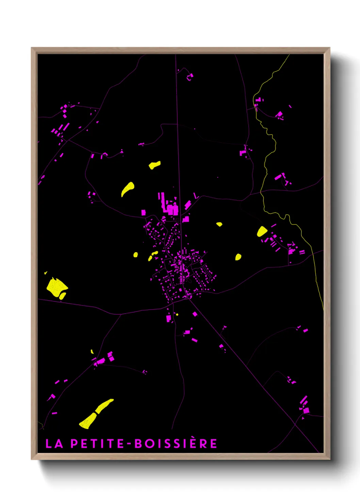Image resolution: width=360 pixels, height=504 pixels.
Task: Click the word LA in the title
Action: coord(54,443)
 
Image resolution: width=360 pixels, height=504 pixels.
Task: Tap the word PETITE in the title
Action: coord(97,443)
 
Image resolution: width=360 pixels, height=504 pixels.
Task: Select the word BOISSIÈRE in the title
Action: coord(176,443)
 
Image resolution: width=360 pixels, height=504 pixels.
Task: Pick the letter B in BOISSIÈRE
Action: coord(138,443)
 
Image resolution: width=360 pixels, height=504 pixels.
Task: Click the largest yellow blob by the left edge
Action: coord(56,287)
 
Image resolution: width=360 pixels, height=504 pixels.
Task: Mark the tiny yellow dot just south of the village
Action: coord(177,314)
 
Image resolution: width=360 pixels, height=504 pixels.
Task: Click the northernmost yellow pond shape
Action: coord(154,165)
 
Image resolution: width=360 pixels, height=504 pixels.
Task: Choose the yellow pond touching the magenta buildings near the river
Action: coord(262,232)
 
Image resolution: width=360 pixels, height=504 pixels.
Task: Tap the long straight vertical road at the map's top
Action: coord(177,102)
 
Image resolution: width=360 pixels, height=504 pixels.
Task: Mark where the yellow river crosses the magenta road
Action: coord(261,193)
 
